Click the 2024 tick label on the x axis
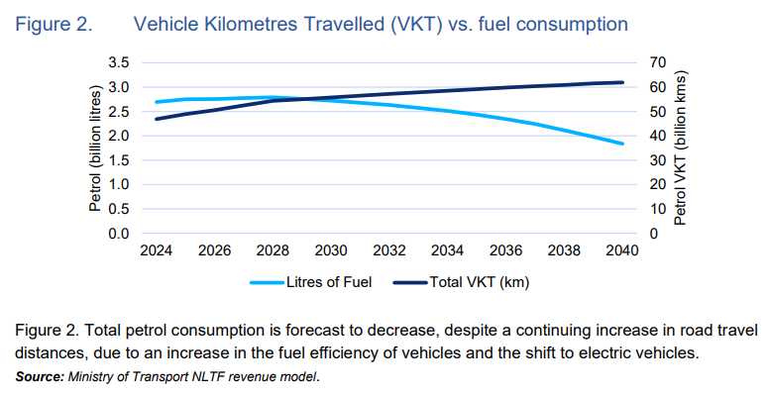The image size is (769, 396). (x=156, y=252)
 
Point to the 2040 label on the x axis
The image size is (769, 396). (x=621, y=252)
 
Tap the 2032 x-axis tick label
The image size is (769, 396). (x=388, y=252)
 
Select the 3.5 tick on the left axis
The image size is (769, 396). (x=119, y=62)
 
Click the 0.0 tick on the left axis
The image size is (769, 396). (x=119, y=234)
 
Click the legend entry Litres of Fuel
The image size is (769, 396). (x=326, y=282)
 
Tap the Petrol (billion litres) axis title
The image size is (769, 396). (x=96, y=148)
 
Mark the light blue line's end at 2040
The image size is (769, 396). (x=621, y=144)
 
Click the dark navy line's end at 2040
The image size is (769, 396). (x=621, y=82)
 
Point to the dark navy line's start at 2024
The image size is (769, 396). (x=156, y=119)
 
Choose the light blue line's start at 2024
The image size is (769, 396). (x=156, y=102)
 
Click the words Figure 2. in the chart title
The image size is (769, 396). (x=55, y=22)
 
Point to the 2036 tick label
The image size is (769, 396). (x=505, y=252)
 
